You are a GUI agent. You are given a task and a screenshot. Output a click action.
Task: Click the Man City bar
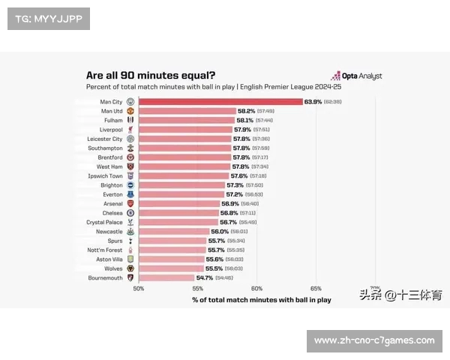click(220, 101)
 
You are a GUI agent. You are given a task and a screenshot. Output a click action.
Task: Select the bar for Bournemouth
click(166, 277)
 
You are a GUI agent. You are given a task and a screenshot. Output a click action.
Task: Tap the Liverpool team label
click(110, 129)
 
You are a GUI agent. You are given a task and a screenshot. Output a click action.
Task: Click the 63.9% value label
click(313, 101)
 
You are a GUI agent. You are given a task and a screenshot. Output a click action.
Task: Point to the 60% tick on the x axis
click(256, 288)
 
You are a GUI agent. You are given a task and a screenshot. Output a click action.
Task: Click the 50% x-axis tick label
click(139, 288)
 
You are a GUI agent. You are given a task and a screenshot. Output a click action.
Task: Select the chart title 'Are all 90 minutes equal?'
click(151, 75)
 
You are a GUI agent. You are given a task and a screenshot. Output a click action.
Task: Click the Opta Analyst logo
click(356, 76)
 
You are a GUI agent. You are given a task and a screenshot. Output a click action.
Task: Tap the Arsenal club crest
click(130, 203)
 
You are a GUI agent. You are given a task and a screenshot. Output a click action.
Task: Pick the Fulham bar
click(187, 120)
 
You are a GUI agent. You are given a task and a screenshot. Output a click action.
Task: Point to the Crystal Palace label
click(104, 222)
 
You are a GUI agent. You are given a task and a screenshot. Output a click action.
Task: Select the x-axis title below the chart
click(261, 300)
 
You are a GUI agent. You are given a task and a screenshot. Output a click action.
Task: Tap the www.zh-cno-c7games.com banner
click(374, 340)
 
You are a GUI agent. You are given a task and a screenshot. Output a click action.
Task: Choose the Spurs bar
click(172, 241)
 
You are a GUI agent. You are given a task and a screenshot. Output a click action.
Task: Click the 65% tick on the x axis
click(316, 288)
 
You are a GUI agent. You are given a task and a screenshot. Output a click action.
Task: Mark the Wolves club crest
click(130, 268)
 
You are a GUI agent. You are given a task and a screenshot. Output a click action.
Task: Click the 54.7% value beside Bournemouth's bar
click(204, 277)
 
